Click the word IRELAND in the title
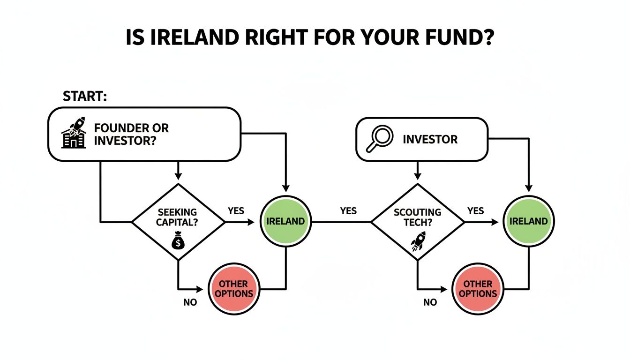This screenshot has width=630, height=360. pos(196,38)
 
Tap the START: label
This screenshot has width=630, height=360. pos(85,97)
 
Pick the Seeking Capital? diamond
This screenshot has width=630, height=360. pos(178,222)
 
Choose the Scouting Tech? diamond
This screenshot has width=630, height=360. pos(418,222)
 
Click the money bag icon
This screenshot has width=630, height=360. pos(178,241)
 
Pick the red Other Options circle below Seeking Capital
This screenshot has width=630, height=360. pos(234,289)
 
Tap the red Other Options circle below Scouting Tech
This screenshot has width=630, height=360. pos(478,289)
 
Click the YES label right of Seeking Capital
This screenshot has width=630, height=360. pos(236,211)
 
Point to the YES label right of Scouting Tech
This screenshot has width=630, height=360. pos(475,211)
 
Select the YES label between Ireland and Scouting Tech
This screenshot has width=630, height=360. pos(348,211)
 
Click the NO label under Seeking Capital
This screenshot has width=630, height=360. pos(190,302)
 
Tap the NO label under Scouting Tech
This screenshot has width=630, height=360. pos(430,302)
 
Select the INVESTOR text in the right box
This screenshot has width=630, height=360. pos(430,139)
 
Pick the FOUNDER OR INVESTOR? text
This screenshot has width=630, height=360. pos(131,134)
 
